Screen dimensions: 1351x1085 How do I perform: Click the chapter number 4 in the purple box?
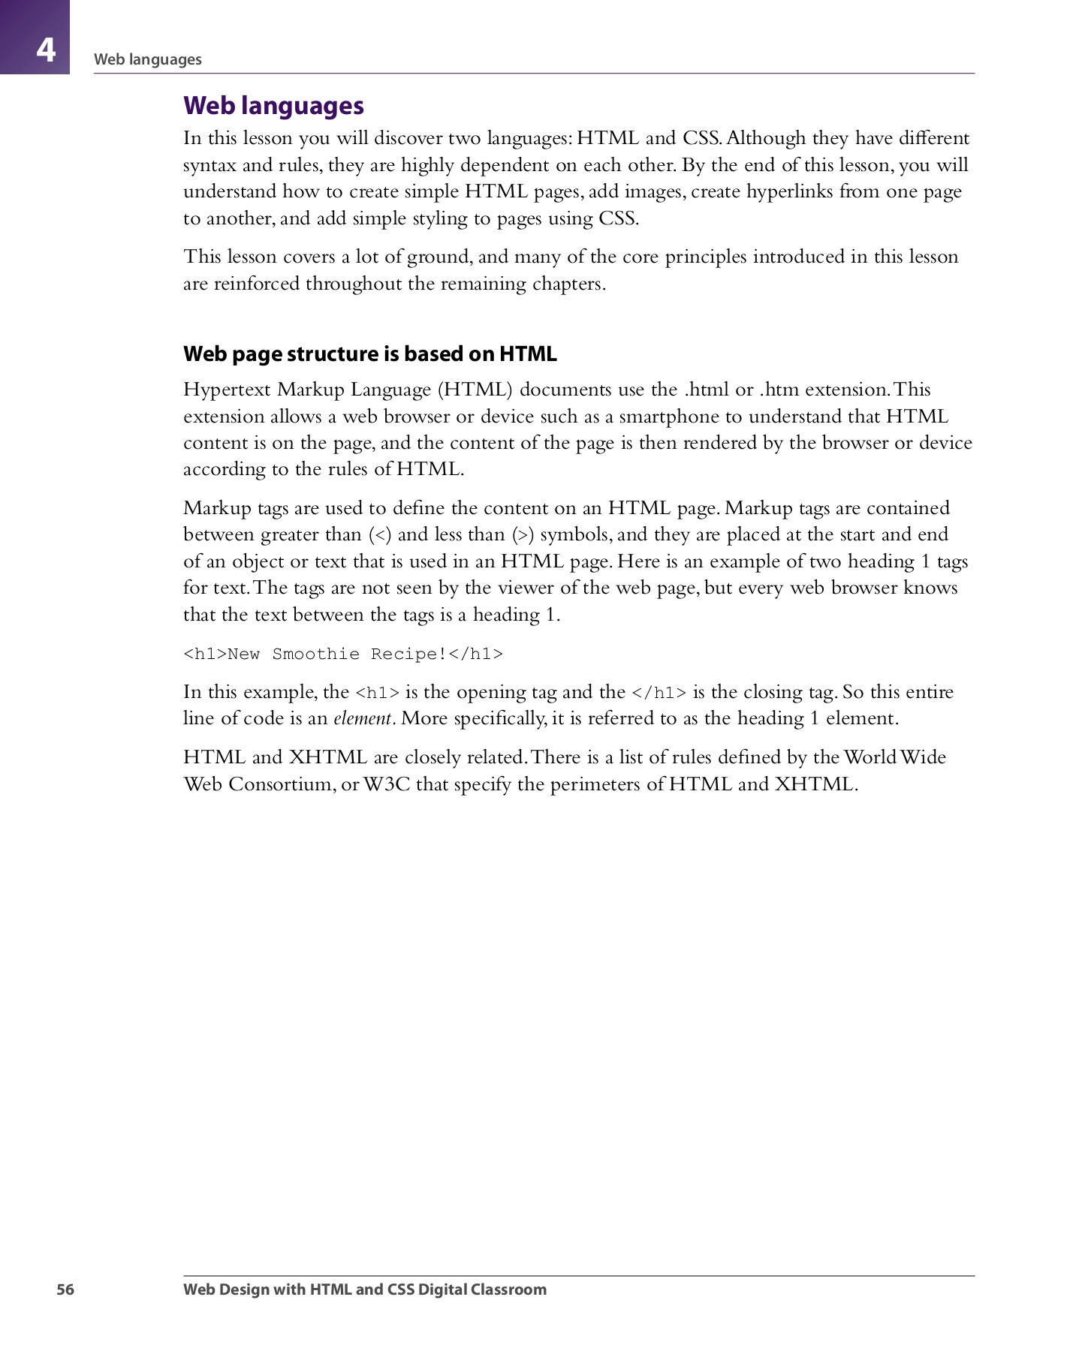[46, 50]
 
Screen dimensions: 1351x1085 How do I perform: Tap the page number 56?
[65, 1289]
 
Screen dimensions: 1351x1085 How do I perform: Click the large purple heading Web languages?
[273, 106]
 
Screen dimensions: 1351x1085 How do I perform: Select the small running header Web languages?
[148, 59]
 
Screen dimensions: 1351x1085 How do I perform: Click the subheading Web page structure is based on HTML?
[370, 354]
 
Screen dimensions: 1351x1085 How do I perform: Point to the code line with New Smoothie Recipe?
[343, 654]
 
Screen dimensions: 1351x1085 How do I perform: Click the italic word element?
[363, 718]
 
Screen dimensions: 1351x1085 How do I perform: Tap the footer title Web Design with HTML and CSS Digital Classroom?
[365, 1289]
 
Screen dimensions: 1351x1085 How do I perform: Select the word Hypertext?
[227, 390]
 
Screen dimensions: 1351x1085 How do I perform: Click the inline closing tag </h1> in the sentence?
[659, 693]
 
